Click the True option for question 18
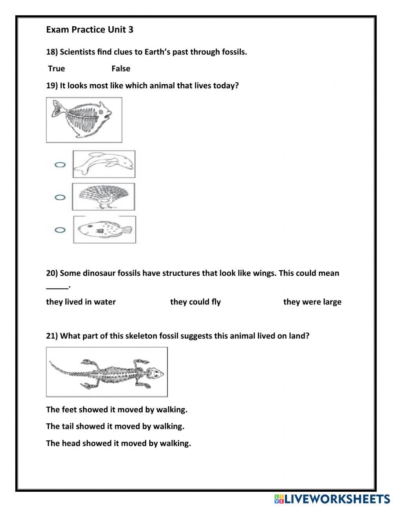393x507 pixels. tap(56, 69)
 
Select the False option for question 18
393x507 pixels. tap(121, 69)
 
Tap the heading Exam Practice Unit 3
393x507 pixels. tap(90, 30)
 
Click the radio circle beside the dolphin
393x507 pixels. tap(60, 165)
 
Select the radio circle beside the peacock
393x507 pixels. tap(60, 197)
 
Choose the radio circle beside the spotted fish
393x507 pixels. tap(60, 230)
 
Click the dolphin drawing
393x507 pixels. tap(104, 164)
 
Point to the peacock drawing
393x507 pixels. tap(103, 196)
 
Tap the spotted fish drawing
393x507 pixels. tap(104, 229)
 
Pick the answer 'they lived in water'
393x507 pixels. tap(81, 302)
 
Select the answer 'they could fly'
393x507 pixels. tap(195, 302)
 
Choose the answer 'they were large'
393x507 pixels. tap(312, 302)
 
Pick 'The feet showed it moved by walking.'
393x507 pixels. tap(116, 410)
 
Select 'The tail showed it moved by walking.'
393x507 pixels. tap(115, 426)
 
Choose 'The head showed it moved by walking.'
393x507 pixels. tap(118, 443)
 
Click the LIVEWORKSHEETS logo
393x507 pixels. tap(332, 499)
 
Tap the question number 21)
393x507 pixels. tap(52, 336)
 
